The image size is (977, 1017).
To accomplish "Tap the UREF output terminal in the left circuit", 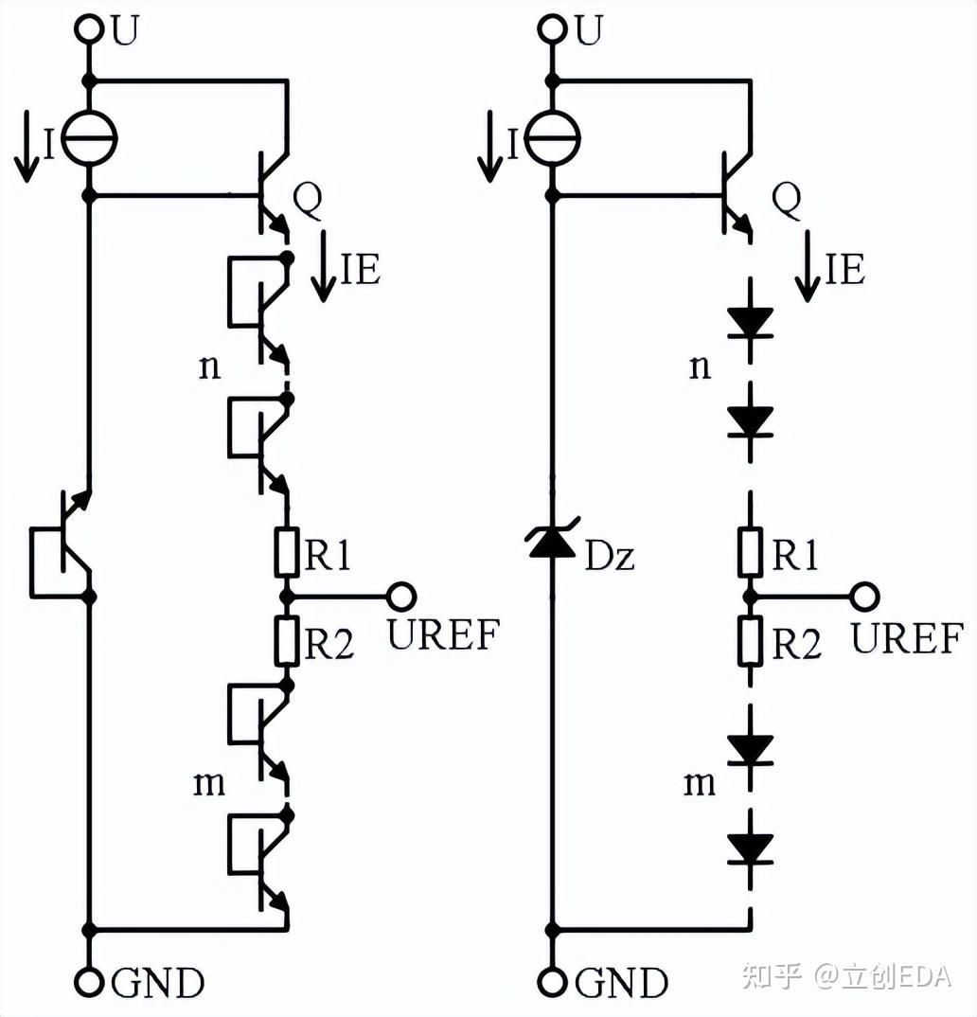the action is pyautogui.click(x=401, y=596).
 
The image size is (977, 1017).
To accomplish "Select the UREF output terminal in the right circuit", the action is pyautogui.click(x=865, y=596).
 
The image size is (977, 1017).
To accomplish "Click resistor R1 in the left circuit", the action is pyautogui.click(x=287, y=553).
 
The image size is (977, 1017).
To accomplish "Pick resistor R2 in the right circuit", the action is pyautogui.click(x=750, y=641).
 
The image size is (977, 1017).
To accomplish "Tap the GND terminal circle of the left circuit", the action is pyautogui.click(x=90, y=983).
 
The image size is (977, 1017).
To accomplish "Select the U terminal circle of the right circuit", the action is pyautogui.click(x=552, y=28).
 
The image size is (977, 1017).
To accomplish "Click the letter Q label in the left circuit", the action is pyautogui.click(x=308, y=201).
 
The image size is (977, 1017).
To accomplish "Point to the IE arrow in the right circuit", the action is pyautogui.click(x=808, y=267).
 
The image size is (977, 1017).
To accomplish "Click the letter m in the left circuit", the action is pyautogui.click(x=209, y=784).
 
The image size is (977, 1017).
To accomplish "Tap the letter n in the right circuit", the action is pyautogui.click(x=700, y=367).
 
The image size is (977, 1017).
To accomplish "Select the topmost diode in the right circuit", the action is pyautogui.click(x=750, y=322).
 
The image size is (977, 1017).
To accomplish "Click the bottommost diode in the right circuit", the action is pyautogui.click(x=750, y=848).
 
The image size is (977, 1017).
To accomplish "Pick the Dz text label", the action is pyautogui.click(x=610, y=556).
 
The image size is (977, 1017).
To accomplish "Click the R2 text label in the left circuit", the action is pyautogui.click(x=329, y=643).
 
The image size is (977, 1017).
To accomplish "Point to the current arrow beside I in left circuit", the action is pyautogui.click(x=27, y=147).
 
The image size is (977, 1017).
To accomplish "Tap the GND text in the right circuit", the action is pyautogui.click(x=621, y=983).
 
